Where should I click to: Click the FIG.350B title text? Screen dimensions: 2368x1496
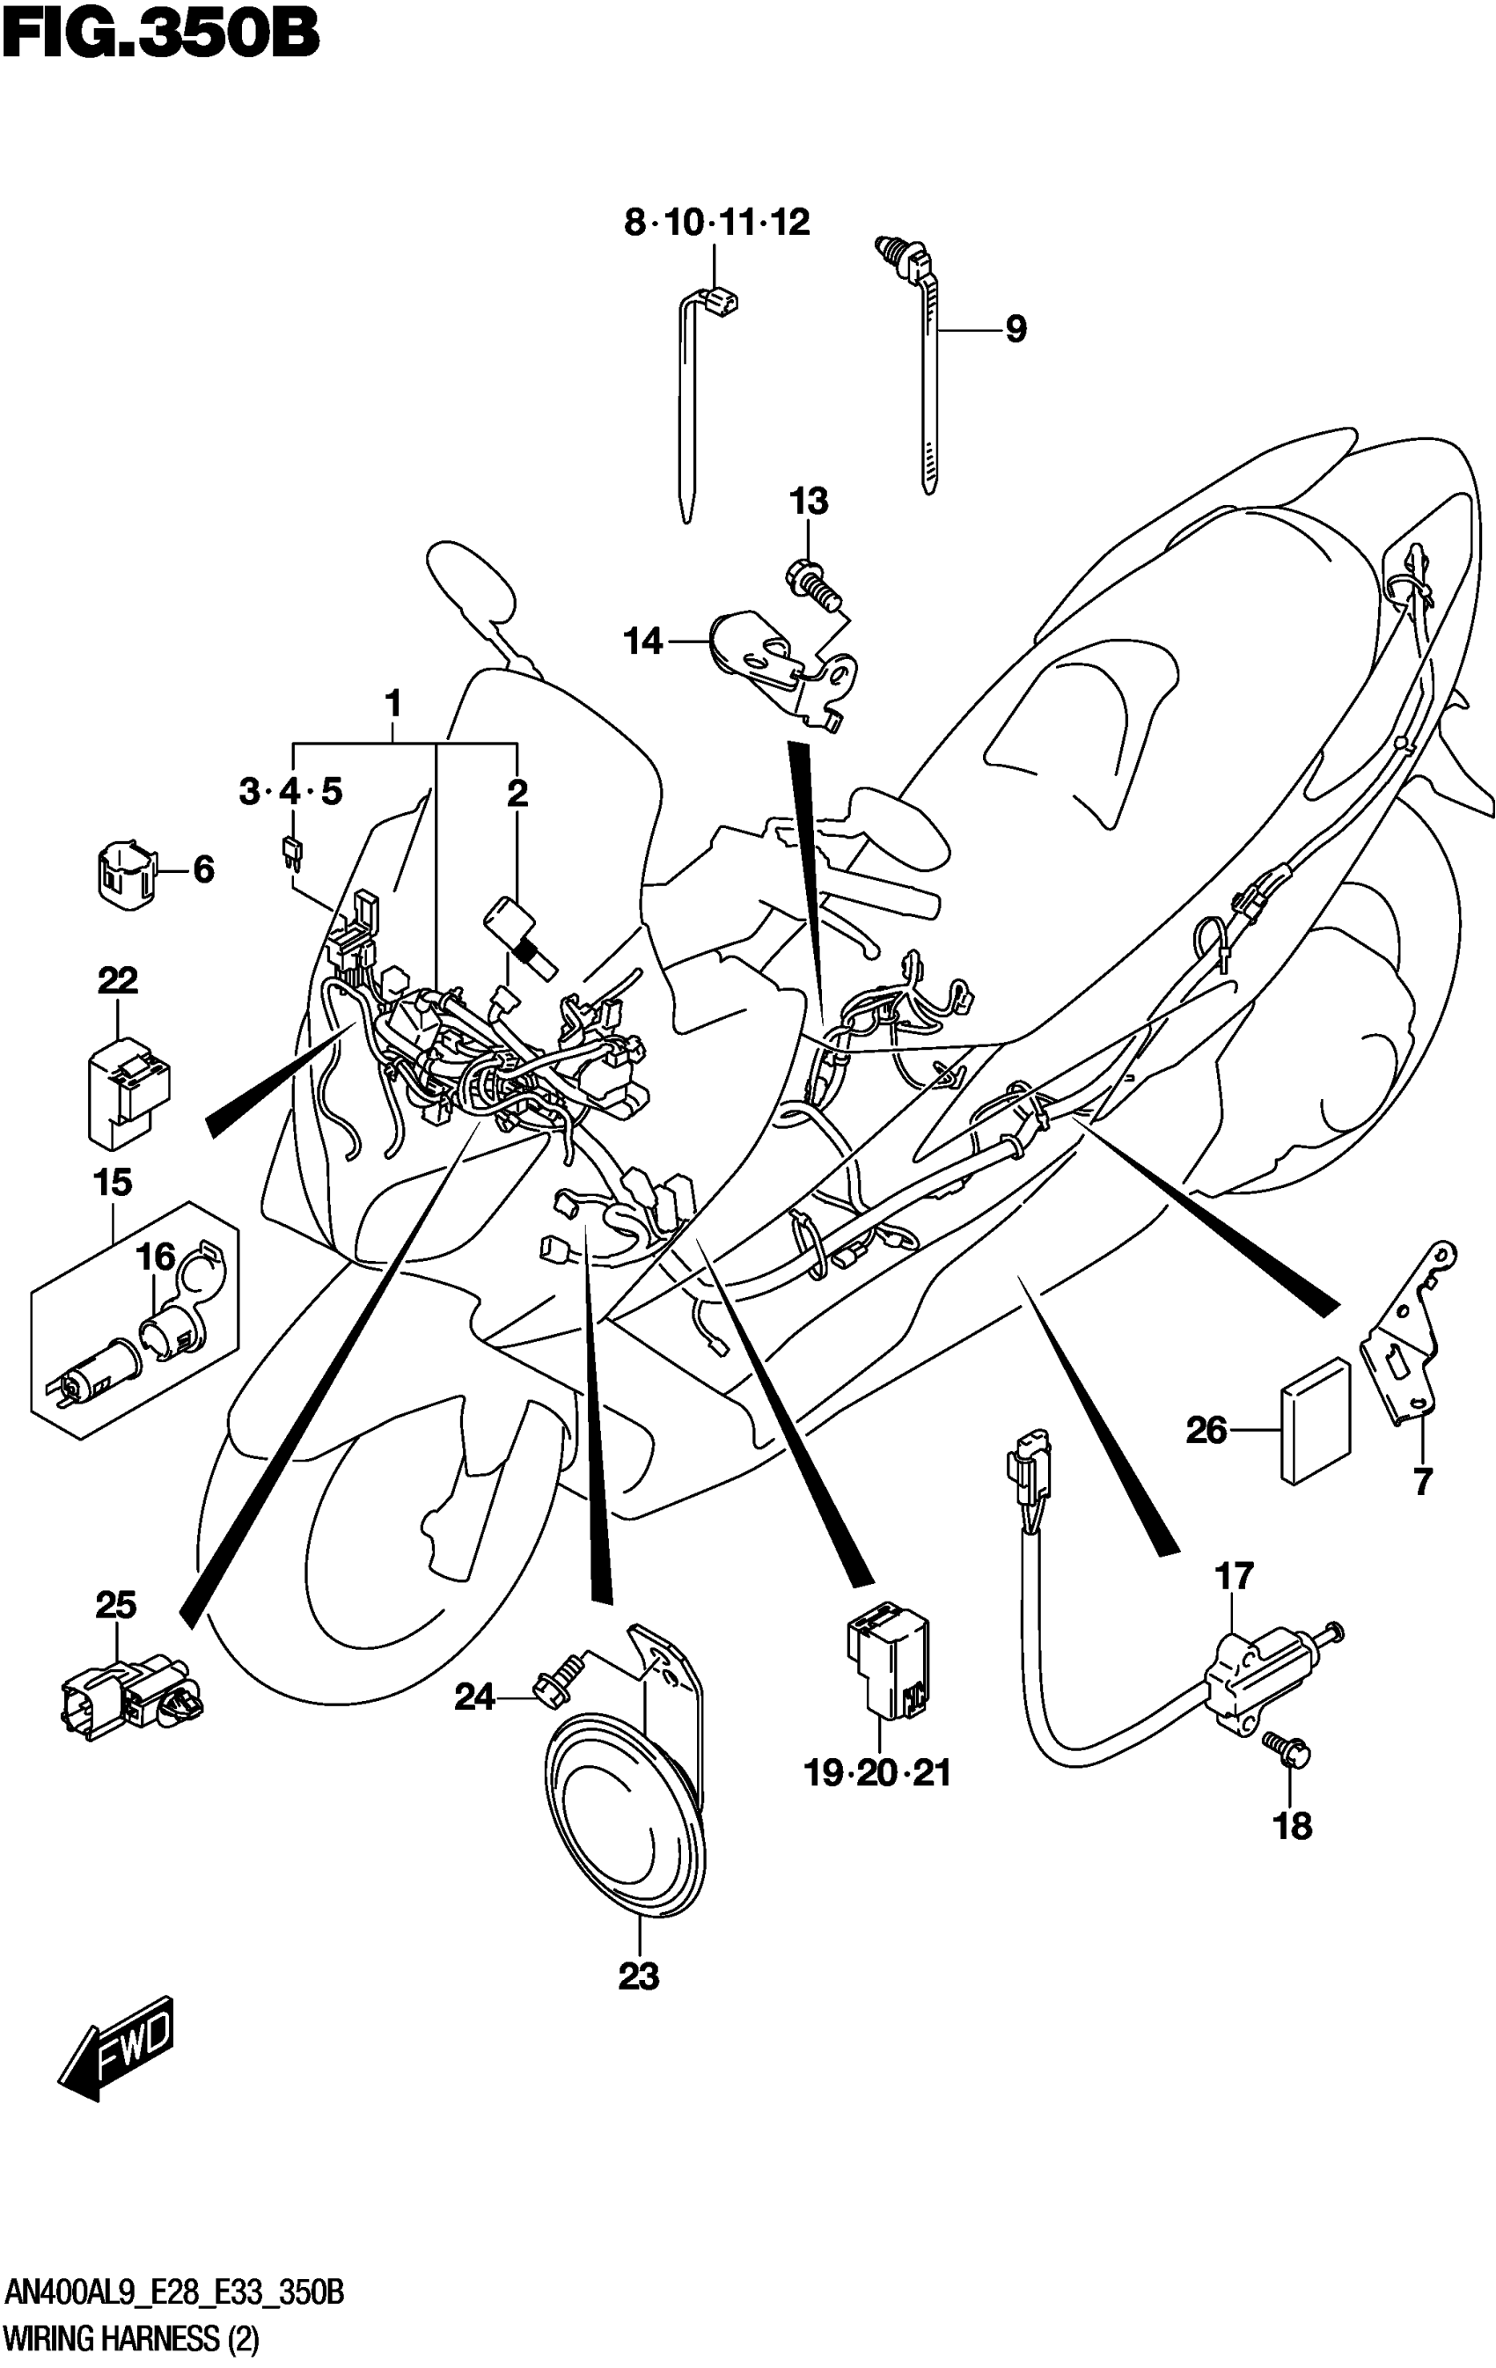coord(160,35)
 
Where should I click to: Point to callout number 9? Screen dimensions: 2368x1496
coord(1015,329)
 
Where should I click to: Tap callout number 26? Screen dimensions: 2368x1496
coord(1206,1430)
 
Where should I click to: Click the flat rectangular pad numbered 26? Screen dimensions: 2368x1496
coord(1315,1420)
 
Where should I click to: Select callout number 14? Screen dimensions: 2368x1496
coord(643,642)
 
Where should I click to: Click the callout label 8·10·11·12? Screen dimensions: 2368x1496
coord(716,224)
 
